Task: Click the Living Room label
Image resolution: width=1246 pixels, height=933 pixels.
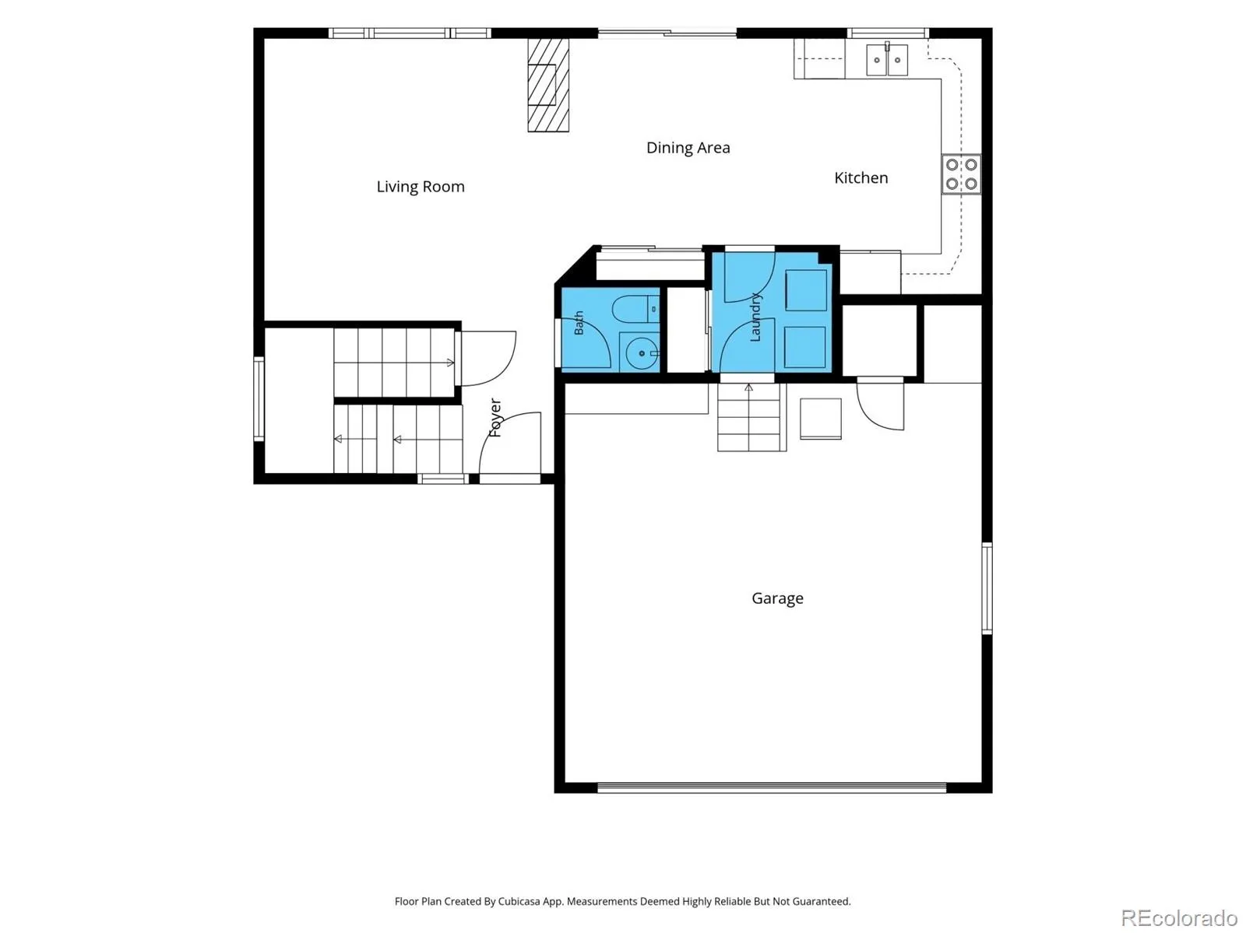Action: (420, 187)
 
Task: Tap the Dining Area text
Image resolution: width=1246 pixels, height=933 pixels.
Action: (688, 148)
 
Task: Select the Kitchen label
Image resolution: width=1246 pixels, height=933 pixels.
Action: (861, 177)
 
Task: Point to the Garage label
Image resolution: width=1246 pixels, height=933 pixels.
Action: (777, 598)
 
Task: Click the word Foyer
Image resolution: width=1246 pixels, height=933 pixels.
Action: (495, 417)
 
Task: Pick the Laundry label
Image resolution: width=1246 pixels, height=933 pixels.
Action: (755, 317)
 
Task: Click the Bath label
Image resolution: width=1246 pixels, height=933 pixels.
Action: (579, 323)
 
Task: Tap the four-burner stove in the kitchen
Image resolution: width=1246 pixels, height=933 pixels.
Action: (961, 174)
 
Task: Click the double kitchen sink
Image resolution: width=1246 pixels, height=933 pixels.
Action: (887, 60)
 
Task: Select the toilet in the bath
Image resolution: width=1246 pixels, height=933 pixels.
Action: (635, 309)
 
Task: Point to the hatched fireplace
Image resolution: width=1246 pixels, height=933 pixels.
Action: (547, 85)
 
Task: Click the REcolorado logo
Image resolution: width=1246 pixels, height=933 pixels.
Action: (1180, 917)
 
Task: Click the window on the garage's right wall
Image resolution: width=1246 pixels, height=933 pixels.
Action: (987, 588)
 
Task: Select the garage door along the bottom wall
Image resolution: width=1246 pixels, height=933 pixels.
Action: (772, 787)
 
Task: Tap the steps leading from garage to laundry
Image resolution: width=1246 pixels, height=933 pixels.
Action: (751, 417)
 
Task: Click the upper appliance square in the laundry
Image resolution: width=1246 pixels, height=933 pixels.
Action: (805, 290)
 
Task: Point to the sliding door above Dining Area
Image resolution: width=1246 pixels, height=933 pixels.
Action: (667, 33)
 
